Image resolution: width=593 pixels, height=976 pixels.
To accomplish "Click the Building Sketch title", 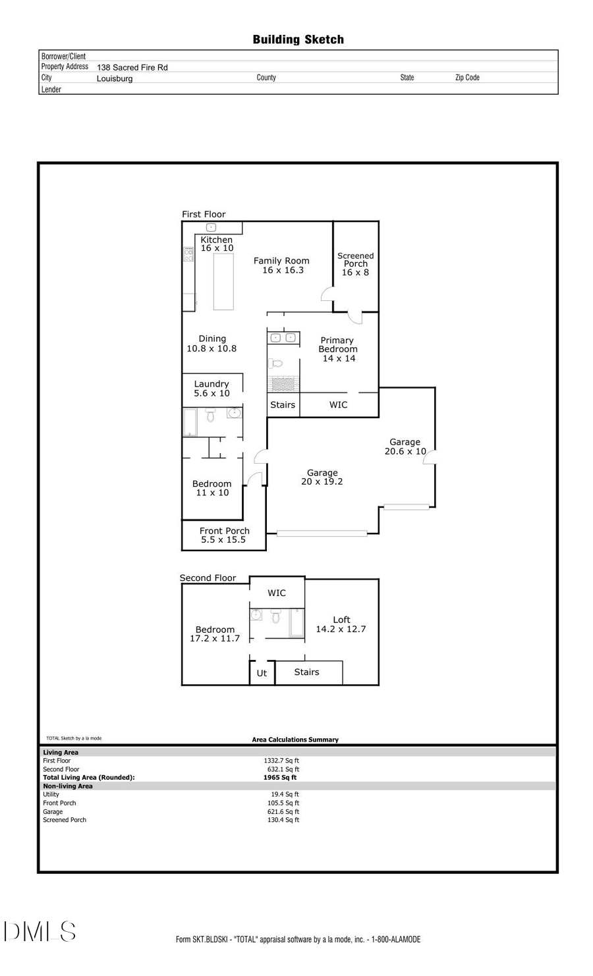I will pyautogui.click(x=298, y=40).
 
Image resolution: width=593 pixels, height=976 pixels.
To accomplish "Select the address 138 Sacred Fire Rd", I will pyautogui.click(x=132, y=67).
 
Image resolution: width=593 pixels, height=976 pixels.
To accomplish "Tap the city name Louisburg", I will pyautogui.click(x=115, y=78).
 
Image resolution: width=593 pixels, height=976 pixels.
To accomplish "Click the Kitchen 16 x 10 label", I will pyautogui.click(x=217, y=244).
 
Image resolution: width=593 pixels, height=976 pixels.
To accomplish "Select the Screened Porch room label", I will pyautogui.click(x=356, y=263).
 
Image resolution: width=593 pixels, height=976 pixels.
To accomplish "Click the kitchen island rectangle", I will pyautogui.click(x=223, y=281).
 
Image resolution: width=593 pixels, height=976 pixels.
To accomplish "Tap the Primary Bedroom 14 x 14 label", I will pyautogui.click(x=338, y=349).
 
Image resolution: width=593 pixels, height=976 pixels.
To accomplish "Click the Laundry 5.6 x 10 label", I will pyautogui.click(x=212, y=389).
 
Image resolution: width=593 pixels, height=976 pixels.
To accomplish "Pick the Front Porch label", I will pyautogui.click(x=224, y=535).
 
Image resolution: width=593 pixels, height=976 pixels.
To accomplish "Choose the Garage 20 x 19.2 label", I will pyautogui.click(x=322, y=477).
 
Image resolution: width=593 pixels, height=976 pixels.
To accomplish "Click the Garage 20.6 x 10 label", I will pyautogui.click(x=405, y=447).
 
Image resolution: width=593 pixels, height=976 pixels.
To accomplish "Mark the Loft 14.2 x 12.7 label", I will pyautogui.click(x=341, y=624).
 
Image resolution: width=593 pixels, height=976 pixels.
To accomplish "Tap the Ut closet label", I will pyautogui.click(x=262, y=673).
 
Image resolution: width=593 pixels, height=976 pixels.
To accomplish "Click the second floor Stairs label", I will pyautogui.click(x=306, y=672).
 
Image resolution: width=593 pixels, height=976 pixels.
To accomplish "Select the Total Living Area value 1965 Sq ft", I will pyautogui.click(x=279, y=777).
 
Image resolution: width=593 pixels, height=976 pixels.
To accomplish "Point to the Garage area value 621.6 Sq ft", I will pyautogui.click(x=283, y=811).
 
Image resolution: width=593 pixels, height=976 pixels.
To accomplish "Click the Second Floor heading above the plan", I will pyautogui.click(x=208, y=578).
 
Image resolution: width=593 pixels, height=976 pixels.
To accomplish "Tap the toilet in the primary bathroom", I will pyautogui.click(x=276, y=363).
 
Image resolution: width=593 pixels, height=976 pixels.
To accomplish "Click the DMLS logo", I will pyautogui.click(x=40, y=931).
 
